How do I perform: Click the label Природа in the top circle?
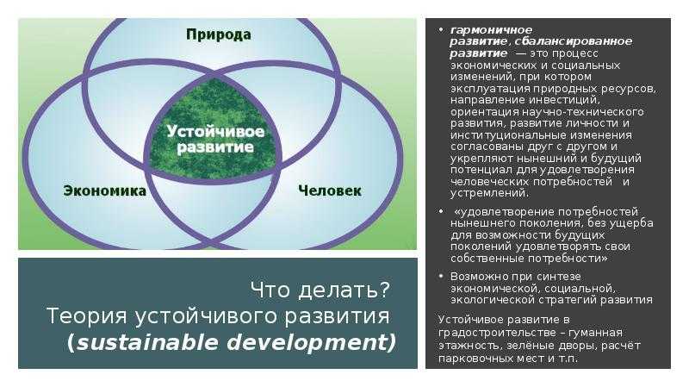pyautogui.click(x=219, y=34)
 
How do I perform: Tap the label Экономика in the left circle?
pyautogui.click(x=104, y=190)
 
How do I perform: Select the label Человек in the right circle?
pyautogui.click(x=330, y=190)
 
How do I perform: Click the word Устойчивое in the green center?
pyautogui.click(x=215, y=131)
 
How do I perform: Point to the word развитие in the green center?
pyautogui.click(x=215, y=147)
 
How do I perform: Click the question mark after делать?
pyautogui.click(x=383, y=290)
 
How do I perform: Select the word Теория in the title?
pyautogui.click(x=80, y=316)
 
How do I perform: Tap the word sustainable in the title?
pyautogui.click(x=147, y=342)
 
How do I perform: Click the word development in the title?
pyautogui.click(x=308, y=342)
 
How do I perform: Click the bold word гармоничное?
pyautogui.click(x=491, y=30)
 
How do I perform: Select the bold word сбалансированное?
pyautogui.click(x=573, y=41)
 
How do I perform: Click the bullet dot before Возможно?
pyautogui.click(x=441, y=276)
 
